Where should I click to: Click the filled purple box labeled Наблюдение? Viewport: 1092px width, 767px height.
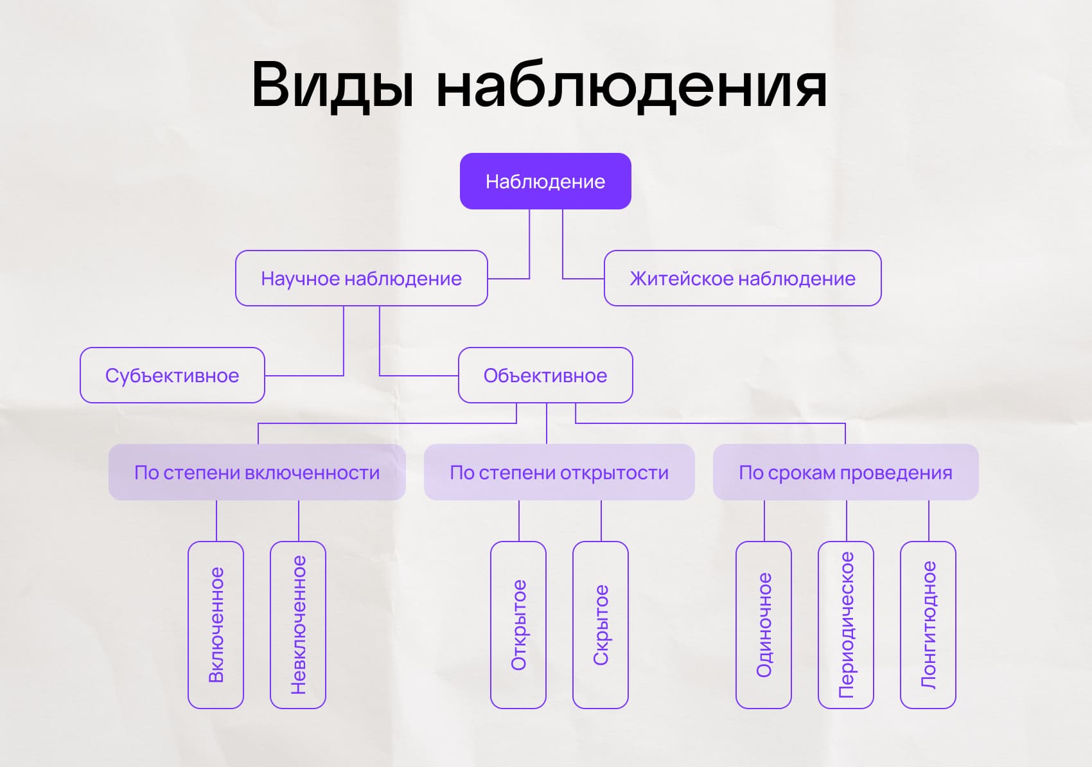(x=545, y=181)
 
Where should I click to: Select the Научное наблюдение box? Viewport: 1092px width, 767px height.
(x=361, y=278)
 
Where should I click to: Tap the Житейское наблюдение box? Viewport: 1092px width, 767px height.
(x=743, y=278)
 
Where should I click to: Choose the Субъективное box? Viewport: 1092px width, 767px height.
(x=172, y=375)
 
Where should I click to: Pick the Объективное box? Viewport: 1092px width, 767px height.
(x=545, y=375)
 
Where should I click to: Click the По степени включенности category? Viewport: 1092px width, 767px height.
(x=257, y=472)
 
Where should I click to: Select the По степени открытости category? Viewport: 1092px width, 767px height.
(x=559, y=472)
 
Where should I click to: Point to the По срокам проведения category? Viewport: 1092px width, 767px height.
(x=845, y=472)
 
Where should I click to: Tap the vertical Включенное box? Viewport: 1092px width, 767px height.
(x=216, y=624)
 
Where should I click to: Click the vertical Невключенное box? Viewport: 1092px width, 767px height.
(x=298, y=624)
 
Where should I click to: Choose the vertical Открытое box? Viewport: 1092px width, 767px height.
(x=518, y=624)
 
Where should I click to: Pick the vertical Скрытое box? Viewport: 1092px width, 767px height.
(x=601, y=624)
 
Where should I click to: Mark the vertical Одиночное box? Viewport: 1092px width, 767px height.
(x=764, y=624)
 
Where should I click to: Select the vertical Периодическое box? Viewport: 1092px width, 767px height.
(x=846, y=624)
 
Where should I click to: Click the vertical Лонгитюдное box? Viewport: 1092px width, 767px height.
(x=928, y=624)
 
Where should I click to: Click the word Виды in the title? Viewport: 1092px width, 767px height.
(x=333, y=85)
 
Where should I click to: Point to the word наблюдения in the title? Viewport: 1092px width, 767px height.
(x=631, y=85)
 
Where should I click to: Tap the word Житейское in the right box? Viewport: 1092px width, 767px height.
(x=682, y=278)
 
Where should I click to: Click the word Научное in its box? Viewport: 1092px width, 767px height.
(x=299, y=278)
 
